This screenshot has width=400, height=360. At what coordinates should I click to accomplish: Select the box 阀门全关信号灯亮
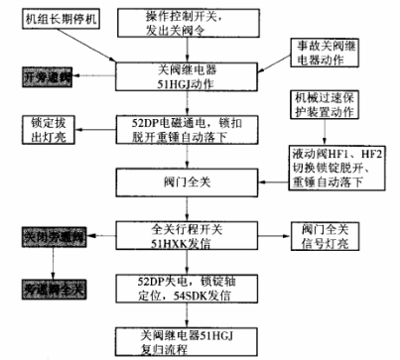click(331, 235)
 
